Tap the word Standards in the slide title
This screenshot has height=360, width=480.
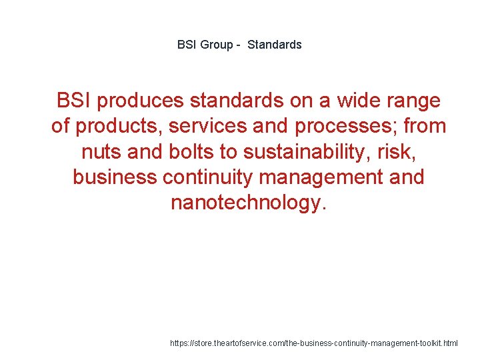coord(275,45)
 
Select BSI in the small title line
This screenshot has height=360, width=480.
coord(186,45)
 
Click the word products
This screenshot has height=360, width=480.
coord(111,126)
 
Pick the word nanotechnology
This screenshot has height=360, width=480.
coord(249,202)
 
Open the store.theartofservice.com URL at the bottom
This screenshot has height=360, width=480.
coord(314,343)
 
